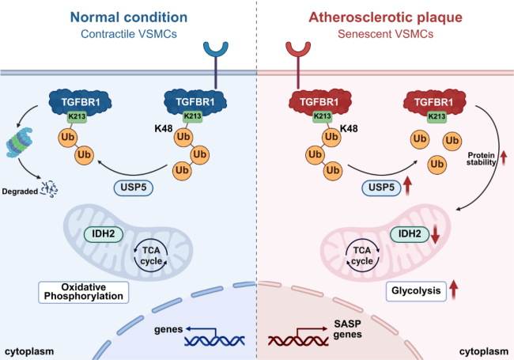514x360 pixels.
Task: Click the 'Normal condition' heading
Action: tap(129, 17)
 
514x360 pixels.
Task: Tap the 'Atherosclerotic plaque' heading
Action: tap(386, 17)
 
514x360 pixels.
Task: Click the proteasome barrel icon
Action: tap(19, 142)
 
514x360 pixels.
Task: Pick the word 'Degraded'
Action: tap(20, 191)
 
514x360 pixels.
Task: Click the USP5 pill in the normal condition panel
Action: tap(134, 188)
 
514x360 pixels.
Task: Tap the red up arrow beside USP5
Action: tap(407, 185)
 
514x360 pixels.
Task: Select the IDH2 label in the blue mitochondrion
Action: tap(104, 234)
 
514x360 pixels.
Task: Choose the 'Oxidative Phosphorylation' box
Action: tap(84, 292)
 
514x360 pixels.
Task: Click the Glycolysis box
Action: tap(416, 291)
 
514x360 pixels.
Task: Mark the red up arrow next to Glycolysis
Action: tap(453, 290)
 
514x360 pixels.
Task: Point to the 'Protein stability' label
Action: tap(482, 159)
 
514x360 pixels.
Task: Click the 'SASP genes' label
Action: tap(347, 329)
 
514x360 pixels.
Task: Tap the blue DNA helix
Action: tap(214, 341)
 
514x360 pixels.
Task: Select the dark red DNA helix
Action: tap(298, 341)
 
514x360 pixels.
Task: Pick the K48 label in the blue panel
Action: tap(164, 128)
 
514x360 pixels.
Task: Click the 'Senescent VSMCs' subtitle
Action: tap(386, 34)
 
